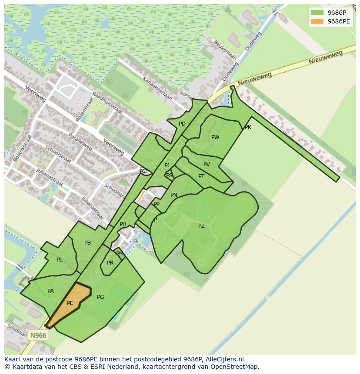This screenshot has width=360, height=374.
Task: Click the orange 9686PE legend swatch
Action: coord(317,21)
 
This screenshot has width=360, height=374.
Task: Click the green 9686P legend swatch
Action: coord(317,12)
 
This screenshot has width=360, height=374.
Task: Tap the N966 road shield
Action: coord(38,335)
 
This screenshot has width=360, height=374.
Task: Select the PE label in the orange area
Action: coord(70,303)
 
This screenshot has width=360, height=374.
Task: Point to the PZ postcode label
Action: coord(201,226)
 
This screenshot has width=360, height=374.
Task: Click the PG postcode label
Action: coord(100,297)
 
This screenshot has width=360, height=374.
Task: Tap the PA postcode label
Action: coord(50,291)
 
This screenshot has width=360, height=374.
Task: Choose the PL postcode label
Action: coord(59,260)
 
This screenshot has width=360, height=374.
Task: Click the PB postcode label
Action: coord(87,243)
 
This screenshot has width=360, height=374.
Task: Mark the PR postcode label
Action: coord(110,263)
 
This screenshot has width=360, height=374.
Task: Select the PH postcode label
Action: coord(123,224)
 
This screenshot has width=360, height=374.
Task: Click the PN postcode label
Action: coord(174,195)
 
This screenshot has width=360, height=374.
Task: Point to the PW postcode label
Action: coord(215,137)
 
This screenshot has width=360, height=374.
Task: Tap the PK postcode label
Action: coord(248,127)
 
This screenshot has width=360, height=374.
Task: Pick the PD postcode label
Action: coord(182,124)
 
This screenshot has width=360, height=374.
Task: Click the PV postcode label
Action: coord(207,165)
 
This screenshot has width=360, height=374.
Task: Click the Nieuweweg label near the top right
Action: coord(326,57)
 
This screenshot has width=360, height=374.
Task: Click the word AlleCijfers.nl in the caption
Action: coord(225,359)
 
